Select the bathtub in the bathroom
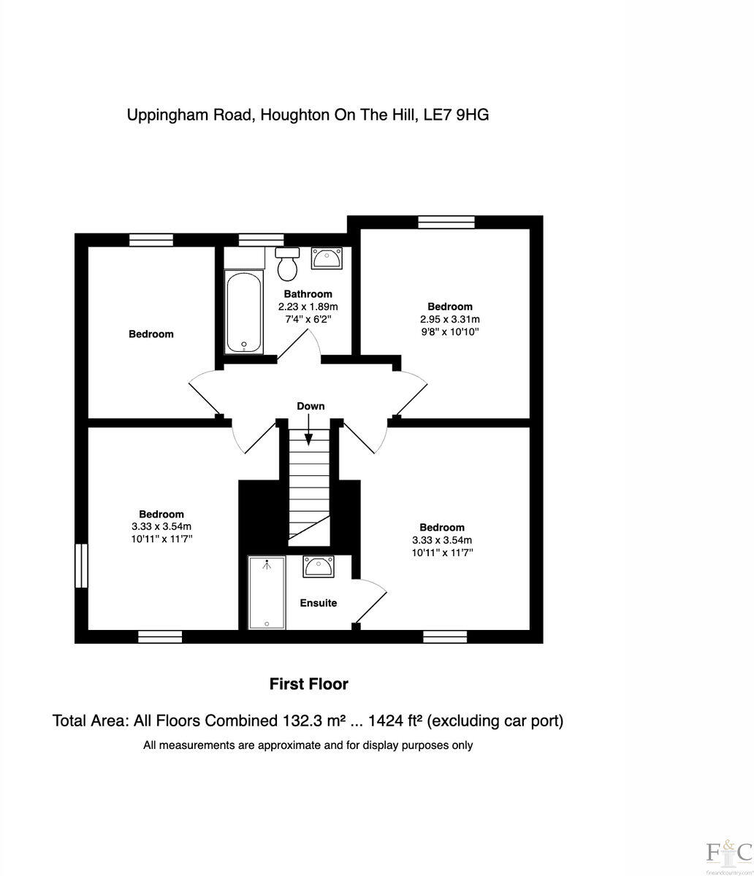[x=244, y=312]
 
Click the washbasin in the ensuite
[x=318, y=566]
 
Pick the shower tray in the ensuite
[x=267, y=592]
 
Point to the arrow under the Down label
[x=309, y=429]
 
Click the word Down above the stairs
[x=311, y=406]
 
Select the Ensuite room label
[x=319, y=603]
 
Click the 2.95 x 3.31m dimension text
[x=449, y=319]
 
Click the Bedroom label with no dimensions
[x=151, y=334]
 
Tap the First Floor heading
[x=308, y=684]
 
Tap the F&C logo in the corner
[x=728, y=851]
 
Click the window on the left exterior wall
[x=81, y=566]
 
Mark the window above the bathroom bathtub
[x=261, y=239]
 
